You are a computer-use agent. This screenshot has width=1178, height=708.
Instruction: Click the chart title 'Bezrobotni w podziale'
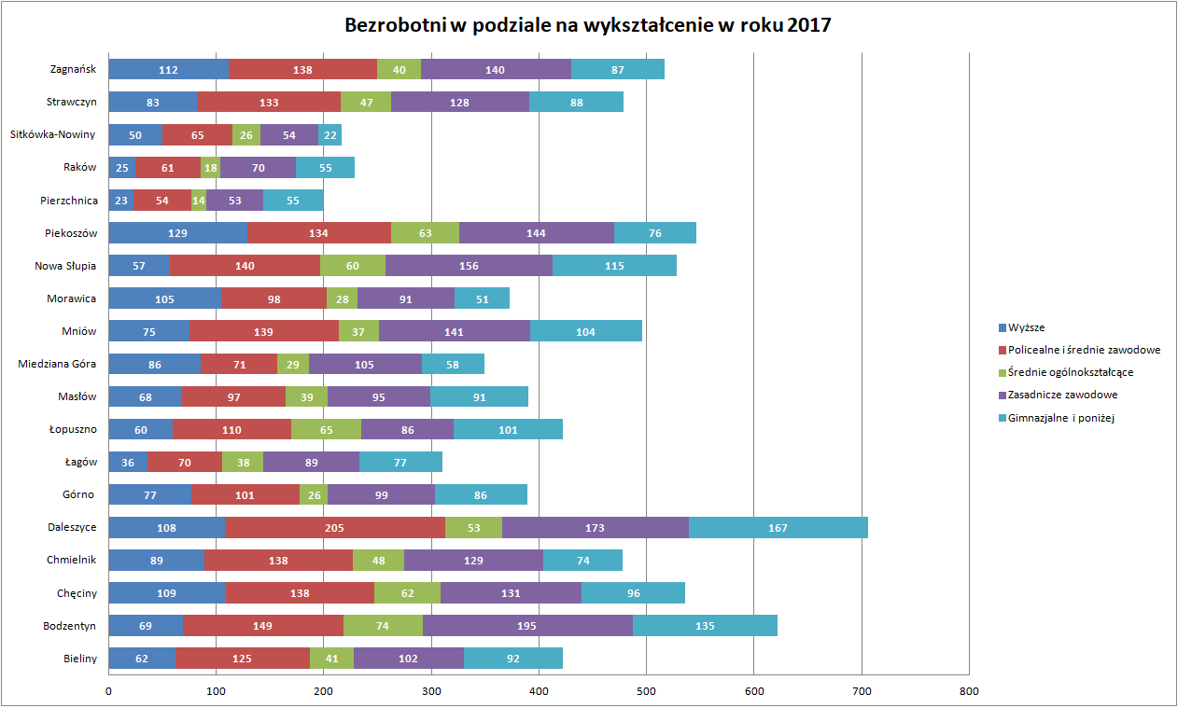[587, 25]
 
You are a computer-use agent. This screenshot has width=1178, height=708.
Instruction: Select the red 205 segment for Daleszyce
[335, 528]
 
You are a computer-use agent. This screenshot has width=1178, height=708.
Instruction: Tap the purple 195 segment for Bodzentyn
[527, 626]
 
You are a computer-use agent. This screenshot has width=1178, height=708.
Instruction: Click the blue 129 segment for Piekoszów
[178, 233]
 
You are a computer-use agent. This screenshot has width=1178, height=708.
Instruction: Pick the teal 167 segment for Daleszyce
[778, 528]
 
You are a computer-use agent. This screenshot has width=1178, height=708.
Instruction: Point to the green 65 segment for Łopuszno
[326, 430]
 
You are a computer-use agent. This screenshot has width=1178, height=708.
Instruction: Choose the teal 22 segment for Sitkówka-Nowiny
[330, 135]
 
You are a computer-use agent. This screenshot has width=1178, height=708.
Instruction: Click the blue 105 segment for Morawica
[165, 298]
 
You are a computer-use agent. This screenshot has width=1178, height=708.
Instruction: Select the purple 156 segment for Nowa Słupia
[469, 266]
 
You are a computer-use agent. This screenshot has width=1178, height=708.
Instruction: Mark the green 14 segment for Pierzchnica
[199, 201]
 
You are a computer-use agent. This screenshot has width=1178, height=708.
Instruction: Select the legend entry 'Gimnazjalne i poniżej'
[1061, 418]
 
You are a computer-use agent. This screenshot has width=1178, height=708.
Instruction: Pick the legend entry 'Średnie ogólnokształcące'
[1071, 372]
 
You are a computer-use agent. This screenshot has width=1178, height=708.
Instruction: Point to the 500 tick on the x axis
[646, 691]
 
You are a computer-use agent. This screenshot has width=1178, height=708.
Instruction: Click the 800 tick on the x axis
[969, 691]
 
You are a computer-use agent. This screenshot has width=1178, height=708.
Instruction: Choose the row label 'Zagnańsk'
[74, 69]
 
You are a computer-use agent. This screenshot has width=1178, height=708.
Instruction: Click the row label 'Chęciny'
[77, 593]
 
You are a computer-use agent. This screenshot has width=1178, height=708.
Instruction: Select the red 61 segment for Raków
[168, 168]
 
